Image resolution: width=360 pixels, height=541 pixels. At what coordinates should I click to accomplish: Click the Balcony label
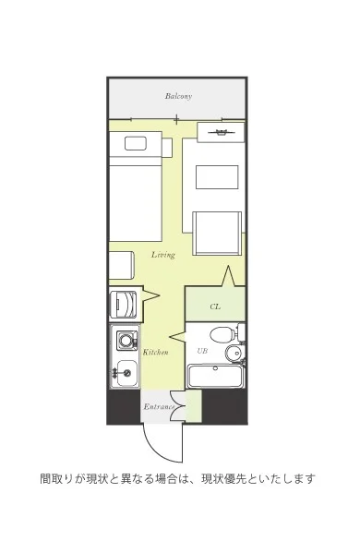pyautogui.click(x=178, y=96)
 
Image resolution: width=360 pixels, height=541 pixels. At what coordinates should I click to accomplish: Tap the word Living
pyautogui.click(x=163, y=255)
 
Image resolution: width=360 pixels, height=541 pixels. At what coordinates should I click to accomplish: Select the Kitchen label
pyautogui.click(x=155, y=353)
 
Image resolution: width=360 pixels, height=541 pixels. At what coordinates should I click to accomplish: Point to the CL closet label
pyautogui.click(x=215, y=307)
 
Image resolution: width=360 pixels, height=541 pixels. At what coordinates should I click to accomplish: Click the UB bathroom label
pyautogui.click(x=202, y=351)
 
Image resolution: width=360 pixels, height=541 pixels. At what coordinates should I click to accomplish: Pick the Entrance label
pyautogui.click(x=159, y=406)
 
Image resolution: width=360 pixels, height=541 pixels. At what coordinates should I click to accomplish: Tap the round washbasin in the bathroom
pyautogui.click(x=234, y=353)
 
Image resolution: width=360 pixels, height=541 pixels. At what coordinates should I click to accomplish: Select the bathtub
pyautogui.click(x=215, y=376)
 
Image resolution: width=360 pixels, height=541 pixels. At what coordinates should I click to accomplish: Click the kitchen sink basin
pyautogui.click(x=126, y=373)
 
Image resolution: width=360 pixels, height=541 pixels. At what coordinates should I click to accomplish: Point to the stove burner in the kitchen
pyautogui.click(x=126, y=341)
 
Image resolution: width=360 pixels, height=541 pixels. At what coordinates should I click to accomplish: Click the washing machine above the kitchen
pyautogui.click(x=123, y=305)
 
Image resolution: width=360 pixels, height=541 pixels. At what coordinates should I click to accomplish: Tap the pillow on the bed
pyautogui.click(x=136, y=143)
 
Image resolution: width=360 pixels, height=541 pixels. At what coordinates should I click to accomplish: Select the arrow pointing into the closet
pyautogui.click(x=228, y=276)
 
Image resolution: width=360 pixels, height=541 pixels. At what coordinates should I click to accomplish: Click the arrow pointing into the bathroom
pyautogui.click(x=177, y=336)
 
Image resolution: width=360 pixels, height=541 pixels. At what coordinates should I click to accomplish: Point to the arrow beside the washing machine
pyautogui.click(x=150, y=295)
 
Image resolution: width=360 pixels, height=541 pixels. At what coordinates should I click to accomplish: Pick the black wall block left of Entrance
pyautogui.click(x=124, y=406)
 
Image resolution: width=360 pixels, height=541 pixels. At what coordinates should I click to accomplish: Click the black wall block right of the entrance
pyautogui.click(x=224, y=406)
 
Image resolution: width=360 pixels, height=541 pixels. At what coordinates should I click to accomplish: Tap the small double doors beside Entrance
pyautogui.click(x=178, y=406)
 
